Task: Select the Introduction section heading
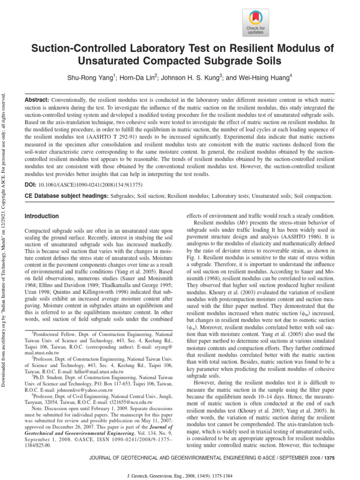42,216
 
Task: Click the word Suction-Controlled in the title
79,48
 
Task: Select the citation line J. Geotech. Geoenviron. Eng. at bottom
180,474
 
